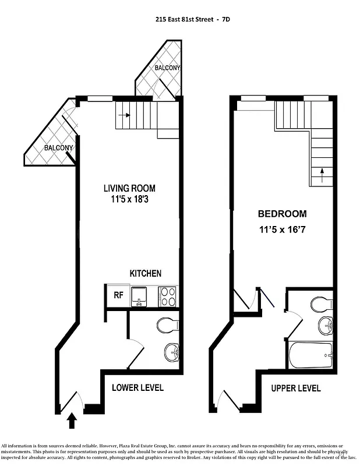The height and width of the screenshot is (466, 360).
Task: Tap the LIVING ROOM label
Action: click(129, 188)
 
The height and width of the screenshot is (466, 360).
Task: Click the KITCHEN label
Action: click(145, 273)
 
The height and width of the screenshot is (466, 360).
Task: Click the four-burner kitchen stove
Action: click(168, 295)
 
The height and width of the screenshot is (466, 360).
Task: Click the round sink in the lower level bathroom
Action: click(171, 352)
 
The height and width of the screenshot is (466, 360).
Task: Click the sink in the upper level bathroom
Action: click(324, 325)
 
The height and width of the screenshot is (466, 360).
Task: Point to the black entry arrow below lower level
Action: click(72, 420)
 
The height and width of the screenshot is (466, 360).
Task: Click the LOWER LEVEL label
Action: click(137, 387)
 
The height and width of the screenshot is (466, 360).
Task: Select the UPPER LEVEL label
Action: click(296, 388)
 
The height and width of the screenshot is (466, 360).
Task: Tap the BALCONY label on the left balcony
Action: click(59, 148)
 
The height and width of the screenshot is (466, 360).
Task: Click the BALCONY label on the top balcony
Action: click(167, 68)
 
